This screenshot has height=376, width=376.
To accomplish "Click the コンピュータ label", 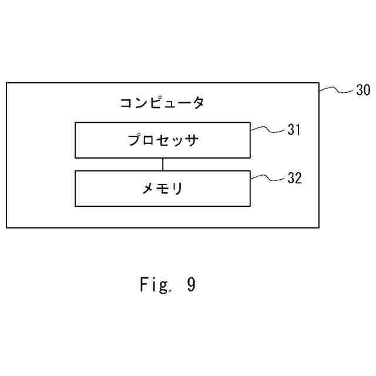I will point(162,103).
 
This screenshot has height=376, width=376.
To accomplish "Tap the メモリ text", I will point(163,189).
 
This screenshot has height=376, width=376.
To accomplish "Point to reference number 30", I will point(363,91).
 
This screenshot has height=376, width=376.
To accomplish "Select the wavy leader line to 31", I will point(268,129).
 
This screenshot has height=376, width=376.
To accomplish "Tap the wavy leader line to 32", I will point(268,177).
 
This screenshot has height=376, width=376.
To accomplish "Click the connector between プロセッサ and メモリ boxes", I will point(163,164).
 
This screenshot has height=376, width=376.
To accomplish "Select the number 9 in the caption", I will point(191,286).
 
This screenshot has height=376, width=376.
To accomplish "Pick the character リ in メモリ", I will point(177,189).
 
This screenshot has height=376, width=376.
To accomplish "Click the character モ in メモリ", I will point(163,189).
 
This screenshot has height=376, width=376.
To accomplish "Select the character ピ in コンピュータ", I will point(156,103).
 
